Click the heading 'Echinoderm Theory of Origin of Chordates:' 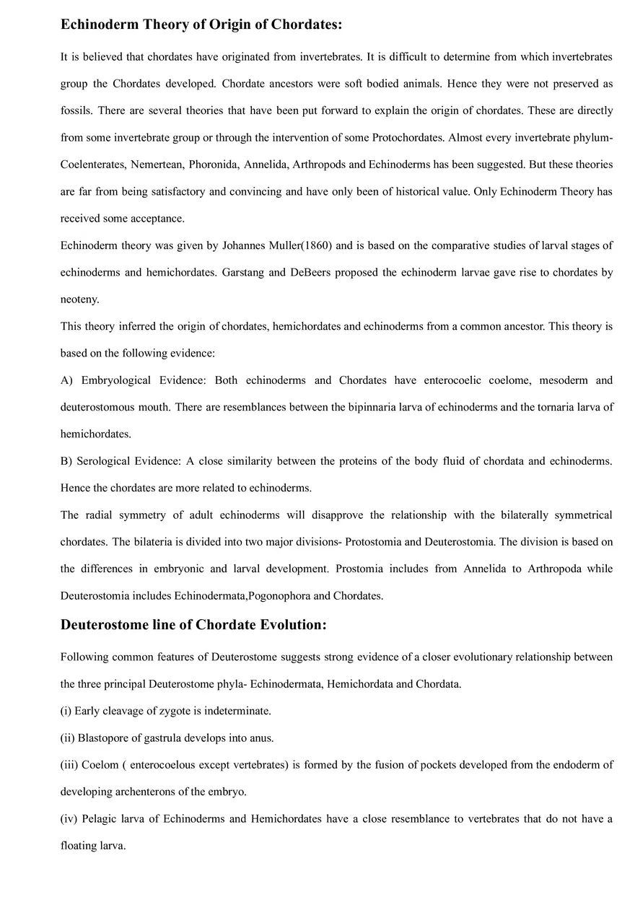coord(201,25)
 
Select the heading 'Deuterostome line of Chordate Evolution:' coord(193,625)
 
